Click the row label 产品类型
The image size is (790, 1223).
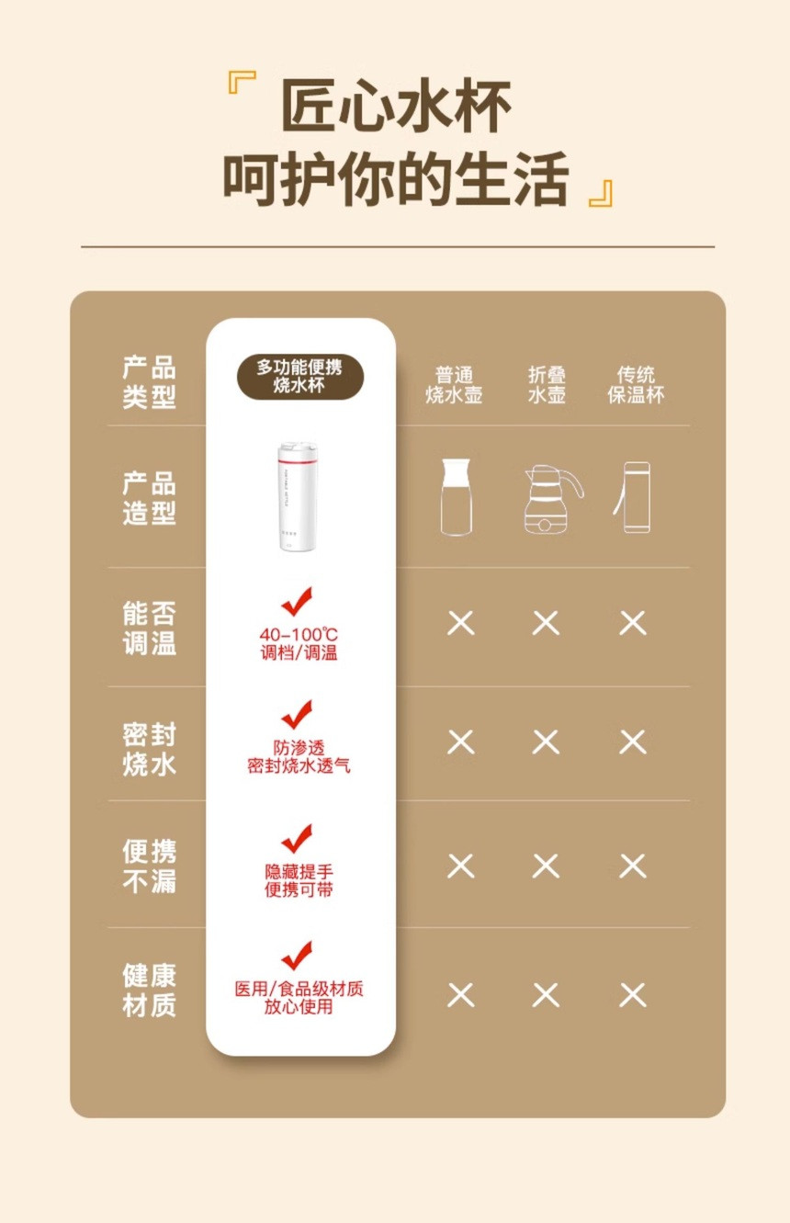click(149, 381)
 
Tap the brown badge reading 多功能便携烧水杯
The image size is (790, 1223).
click(299, 376)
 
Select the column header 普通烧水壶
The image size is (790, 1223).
click(454, 385)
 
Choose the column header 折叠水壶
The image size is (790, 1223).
click(547, 385)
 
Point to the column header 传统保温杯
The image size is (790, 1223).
click(636, 385)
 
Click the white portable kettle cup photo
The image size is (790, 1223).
click(288, 496)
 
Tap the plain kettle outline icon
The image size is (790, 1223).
click(456, 497)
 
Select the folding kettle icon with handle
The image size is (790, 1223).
click(552, 499)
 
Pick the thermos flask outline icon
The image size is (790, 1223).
click(633, 497)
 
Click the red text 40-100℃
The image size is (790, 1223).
click(299, 634)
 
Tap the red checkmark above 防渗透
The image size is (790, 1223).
click(297, 714)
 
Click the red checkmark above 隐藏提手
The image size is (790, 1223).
click(297, 838)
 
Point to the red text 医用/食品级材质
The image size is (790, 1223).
click(299, 988)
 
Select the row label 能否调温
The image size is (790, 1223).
click(149, 628)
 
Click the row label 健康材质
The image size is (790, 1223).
click(149, 991)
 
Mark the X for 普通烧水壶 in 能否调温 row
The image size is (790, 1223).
click(461, 623)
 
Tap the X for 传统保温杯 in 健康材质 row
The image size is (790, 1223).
click(633, 995)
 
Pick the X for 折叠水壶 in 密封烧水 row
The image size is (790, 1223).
click(546, 742)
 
